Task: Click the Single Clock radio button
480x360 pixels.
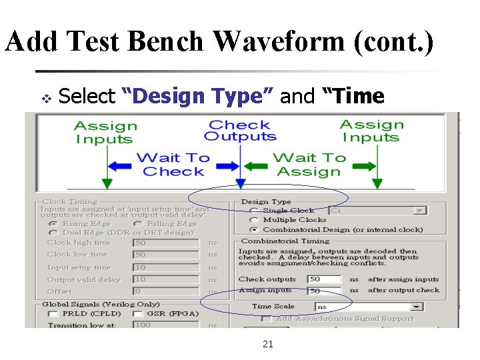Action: coord(254,211)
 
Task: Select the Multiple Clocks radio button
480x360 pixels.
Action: coord(254,220)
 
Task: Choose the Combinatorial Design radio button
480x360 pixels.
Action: coord(254,229)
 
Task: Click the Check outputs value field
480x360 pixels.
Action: coord(324,279)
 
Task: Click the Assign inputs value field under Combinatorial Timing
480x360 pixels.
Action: coord(324,291)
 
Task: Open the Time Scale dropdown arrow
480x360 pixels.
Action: coord(417,307)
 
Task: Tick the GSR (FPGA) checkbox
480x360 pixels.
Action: coord(137,313)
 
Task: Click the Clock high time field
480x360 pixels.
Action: coord(165,243)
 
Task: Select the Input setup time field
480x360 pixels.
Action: coord(165,267)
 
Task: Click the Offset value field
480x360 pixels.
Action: coord(165,291)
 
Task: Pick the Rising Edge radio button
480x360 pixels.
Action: coord(53,224)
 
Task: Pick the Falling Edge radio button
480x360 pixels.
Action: coord(137,224)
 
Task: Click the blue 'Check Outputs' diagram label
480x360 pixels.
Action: coord(240,131)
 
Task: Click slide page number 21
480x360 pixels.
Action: coord(268,344)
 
